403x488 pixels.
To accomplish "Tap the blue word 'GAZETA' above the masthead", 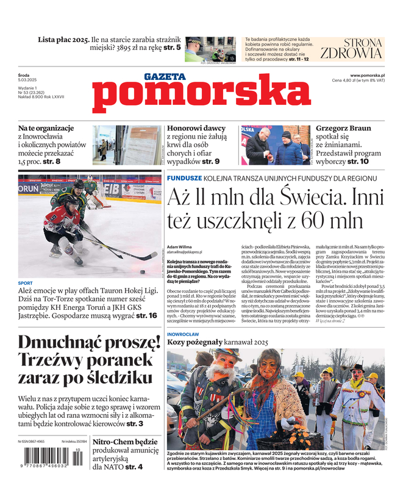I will (165, 77).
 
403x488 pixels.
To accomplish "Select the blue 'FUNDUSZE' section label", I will (184, 178).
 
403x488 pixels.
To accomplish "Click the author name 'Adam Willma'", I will (179, 246).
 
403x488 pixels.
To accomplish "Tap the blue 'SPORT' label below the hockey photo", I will (26, 283).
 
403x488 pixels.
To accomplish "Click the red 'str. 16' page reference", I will (146, 315).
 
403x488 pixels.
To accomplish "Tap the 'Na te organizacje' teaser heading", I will (46, 128).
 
